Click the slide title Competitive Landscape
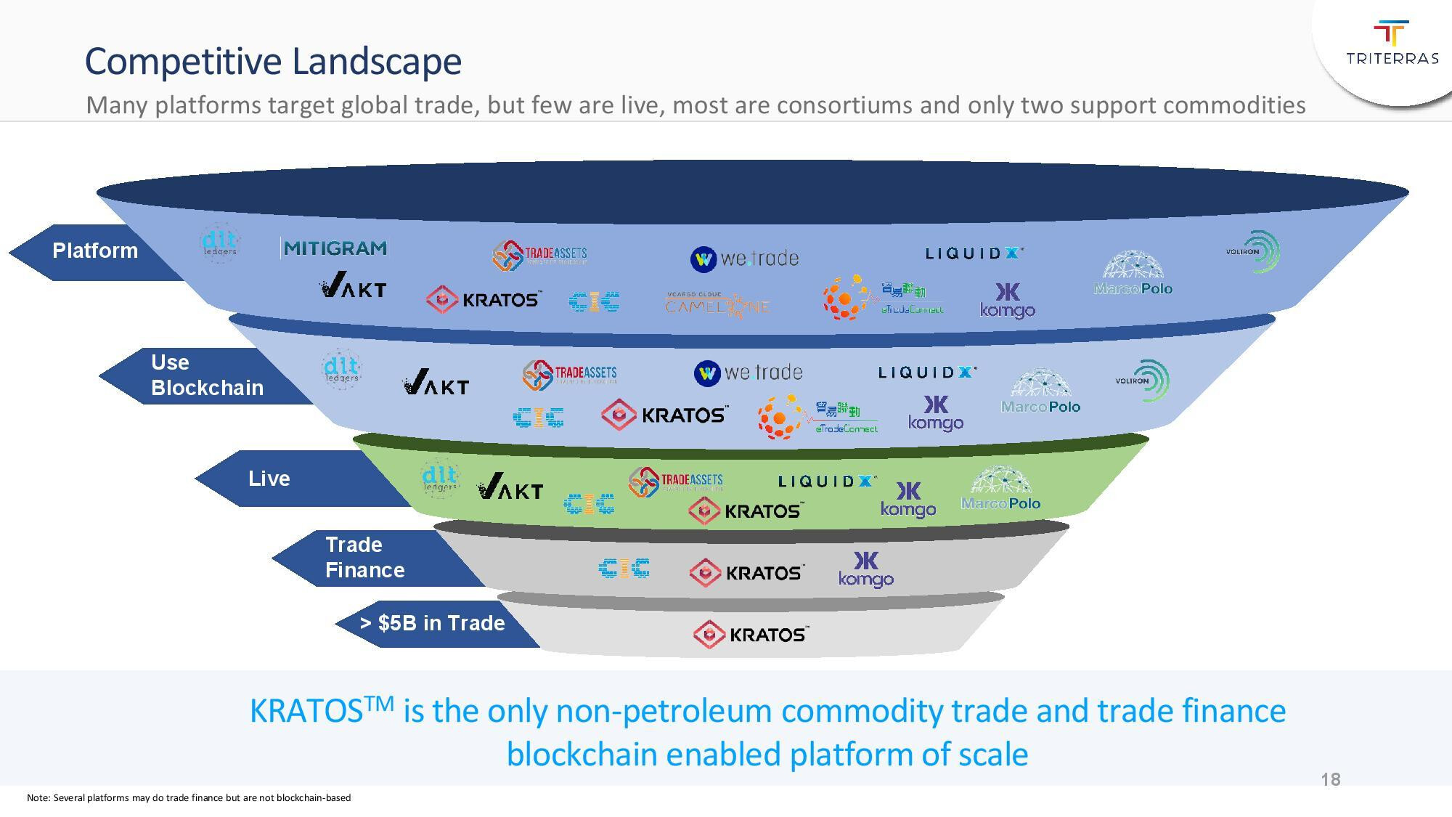[273, 61]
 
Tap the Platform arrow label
[95, 251]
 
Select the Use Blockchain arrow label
[206, 375]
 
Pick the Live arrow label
[269, 479]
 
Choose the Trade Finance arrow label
[364, 558]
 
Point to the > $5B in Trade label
[433, 623]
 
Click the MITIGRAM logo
[335, 248]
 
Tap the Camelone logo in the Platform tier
[717, 303]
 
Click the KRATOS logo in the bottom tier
[751, 635]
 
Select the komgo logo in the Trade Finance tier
[865, 569]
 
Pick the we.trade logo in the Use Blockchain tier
[749, 373]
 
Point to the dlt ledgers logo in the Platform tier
[219, 243]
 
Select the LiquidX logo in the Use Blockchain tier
[927, 373]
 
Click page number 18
[1331, 780]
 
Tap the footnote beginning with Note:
[189, 798]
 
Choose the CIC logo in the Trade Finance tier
[624, 568]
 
